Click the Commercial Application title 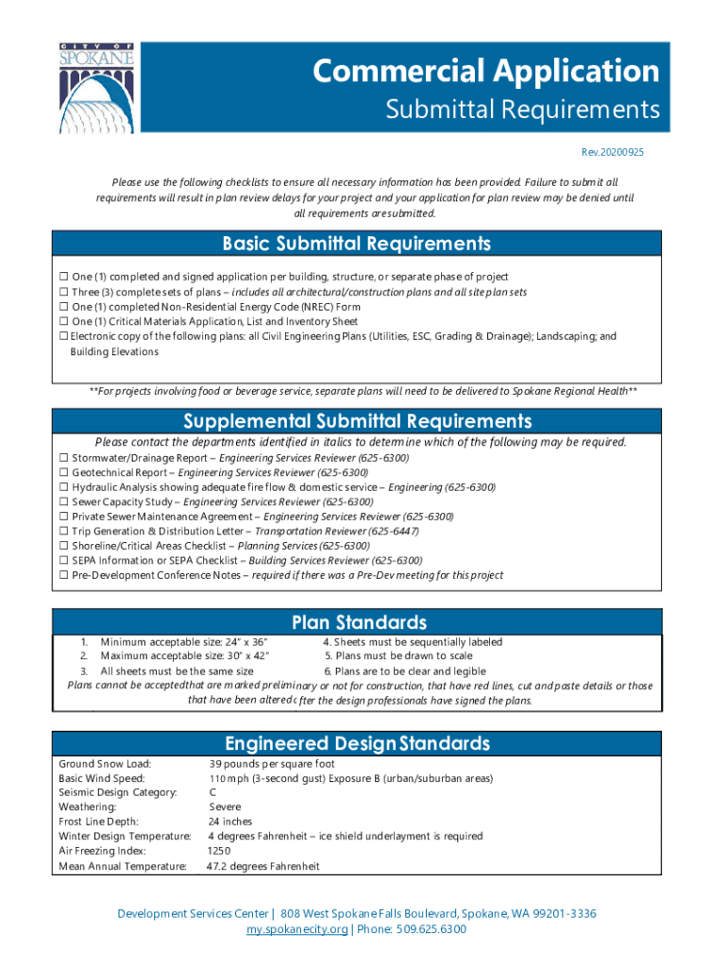pyautogui.click(x=486, y=71)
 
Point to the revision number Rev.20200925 pyautogui.click(x=618, y=152)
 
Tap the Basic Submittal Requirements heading pyautogui.click(x=357, y=245)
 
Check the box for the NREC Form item pyautogui.click(x=63, y=307)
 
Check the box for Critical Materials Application pyautogui.click(x=63, y=322)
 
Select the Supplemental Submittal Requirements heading pyautogui.click(x=357, y=421)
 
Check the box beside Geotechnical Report pyautogui.click(x=63, y=472)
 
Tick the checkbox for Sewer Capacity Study pyautogui.click(x=63, y=502)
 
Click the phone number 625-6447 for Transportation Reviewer pyautogui.click(x=397, y=532)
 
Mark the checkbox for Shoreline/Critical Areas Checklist pyautogui.click(x=63, y=546)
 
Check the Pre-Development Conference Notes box pyautogui.click(x=63, y=575)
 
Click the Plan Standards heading pyautogui.click(x=359, y=623)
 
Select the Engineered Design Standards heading pyautogui.click(x=357, y=743)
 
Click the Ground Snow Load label pyautogui.click(x=105, y=764)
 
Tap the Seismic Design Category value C pyautogui.click(x=212, y=793)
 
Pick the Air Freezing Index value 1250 pyautogui.click(x=219, y=852)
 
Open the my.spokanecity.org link pyautogui.click(x=296, y=929)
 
